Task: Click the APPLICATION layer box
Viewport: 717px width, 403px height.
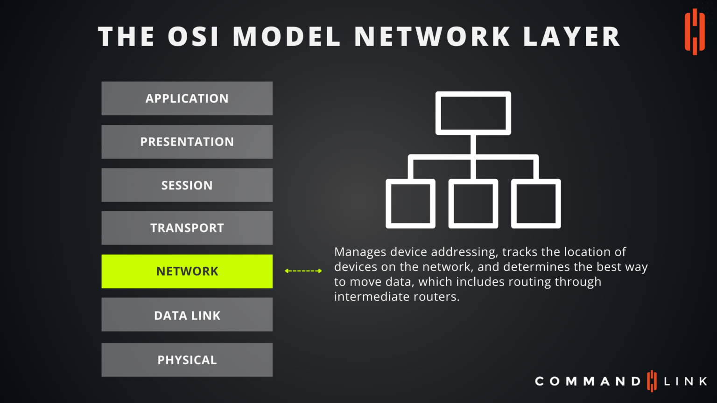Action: tap(187, 98)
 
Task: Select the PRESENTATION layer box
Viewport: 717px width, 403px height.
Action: tap(187, 142)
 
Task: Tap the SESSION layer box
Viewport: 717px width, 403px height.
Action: tap(187, 185)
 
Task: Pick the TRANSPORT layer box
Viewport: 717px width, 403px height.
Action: tap(187, 228)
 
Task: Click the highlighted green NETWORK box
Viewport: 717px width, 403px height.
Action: tap(187, 271)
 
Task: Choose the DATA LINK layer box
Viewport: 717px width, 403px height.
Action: tap(187, 315)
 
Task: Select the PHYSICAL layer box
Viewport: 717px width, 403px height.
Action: tap(187, 360)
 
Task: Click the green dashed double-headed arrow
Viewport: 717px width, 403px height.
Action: tap(303, 271)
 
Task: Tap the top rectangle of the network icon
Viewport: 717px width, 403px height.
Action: tap(473, 113)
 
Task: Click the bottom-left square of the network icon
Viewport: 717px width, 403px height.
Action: tap(410, 204)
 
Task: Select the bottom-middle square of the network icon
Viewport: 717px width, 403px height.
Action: tap(473, 204)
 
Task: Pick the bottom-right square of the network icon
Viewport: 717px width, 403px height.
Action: tap(536, 204)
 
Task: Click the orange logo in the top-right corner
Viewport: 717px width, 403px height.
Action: tap(695, 32)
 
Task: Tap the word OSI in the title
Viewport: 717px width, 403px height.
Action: tap(193, 37)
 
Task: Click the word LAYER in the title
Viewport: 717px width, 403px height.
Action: tap(571, 37)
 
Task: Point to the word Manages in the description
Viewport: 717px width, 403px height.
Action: tap(360, 252)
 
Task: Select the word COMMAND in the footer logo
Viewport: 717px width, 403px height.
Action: tap(588, 382)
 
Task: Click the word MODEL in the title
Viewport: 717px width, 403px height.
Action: tap(287, 37)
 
